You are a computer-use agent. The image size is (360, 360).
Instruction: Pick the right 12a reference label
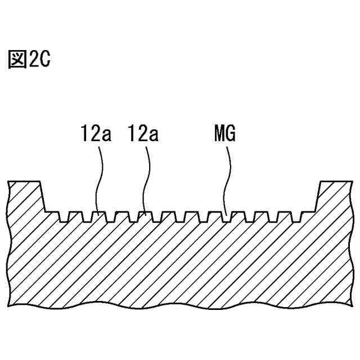tap(144, 135)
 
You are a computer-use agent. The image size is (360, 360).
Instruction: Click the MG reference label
tap(225, 135)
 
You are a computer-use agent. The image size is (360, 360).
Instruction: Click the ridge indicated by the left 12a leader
tap(98, 214)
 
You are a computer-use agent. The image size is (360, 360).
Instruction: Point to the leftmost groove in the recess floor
tap(63, 217)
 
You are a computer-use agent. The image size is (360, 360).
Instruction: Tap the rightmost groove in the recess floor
tap(295, 217)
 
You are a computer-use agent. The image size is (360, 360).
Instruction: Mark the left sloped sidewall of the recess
tap(42, 197)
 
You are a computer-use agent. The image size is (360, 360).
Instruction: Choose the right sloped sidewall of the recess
tap(317, 197)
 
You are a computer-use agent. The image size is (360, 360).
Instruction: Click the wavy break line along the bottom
tap(180, 308)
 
